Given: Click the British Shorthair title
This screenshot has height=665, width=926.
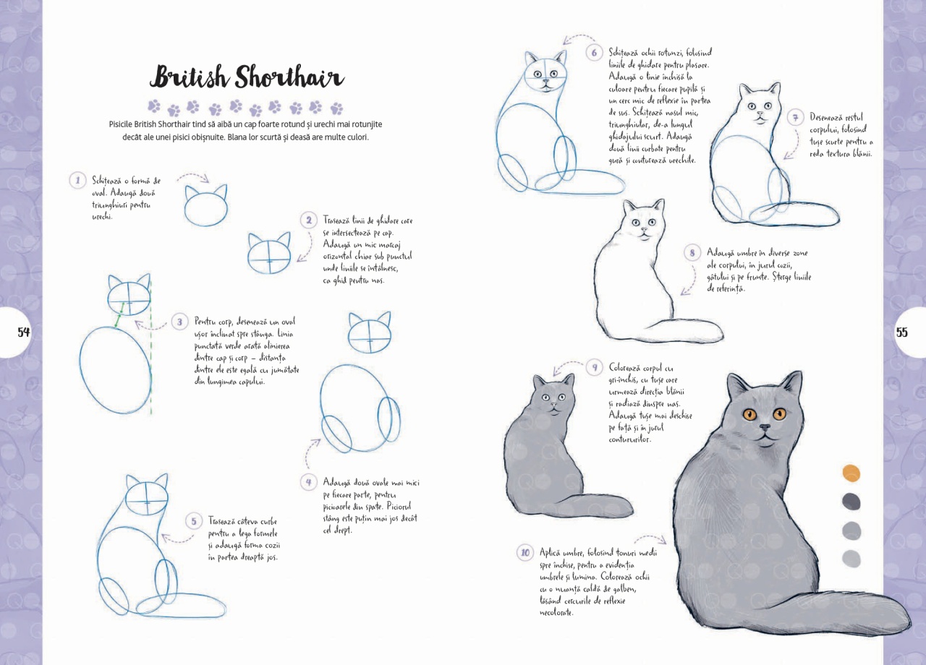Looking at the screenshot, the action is pos(247,77).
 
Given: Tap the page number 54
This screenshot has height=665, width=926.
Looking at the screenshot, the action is pos(24,332).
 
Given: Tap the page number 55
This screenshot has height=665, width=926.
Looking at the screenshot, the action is pos(901,332).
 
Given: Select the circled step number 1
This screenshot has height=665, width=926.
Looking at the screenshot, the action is pos(77,181).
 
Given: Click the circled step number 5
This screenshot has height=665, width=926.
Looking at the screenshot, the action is pos(193,521).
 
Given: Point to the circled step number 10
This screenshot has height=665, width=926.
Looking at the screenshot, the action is pos(525,553).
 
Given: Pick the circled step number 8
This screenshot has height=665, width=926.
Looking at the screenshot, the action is pos(692,253).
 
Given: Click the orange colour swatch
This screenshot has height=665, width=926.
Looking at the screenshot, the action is pos(851,473).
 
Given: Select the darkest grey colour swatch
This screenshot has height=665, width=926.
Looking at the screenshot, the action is pos(851,502).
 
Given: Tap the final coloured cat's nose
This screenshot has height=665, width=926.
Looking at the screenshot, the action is pos(765,427).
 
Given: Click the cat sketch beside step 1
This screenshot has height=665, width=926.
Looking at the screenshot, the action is pos(206,205).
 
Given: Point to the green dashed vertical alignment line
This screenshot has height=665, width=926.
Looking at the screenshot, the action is pos(151,347).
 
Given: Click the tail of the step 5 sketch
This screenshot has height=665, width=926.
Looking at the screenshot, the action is pos(182,606).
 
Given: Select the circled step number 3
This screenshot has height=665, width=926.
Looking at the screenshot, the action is pos(179,322).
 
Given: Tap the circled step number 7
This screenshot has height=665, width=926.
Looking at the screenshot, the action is pos(795,118).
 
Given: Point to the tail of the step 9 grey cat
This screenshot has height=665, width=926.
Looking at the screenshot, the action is pos(595,505).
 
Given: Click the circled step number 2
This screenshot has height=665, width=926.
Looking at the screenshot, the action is pos(308,220).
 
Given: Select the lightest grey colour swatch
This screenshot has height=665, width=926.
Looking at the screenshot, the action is pos(851,559).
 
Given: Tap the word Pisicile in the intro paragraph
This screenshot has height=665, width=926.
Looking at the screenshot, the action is pos(121,124).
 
